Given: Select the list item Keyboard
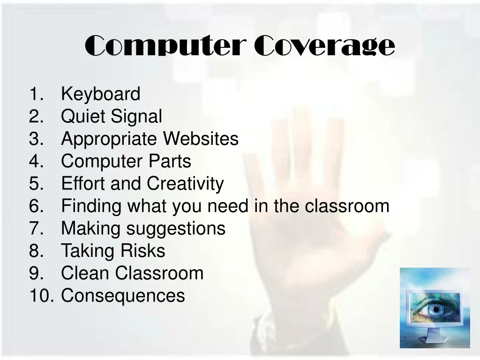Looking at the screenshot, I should (x=101, y=94).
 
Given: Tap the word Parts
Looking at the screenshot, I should (x=170, y=161).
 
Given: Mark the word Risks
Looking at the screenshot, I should (x=142, y=251).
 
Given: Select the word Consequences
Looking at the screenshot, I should (x=123, y=296).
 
